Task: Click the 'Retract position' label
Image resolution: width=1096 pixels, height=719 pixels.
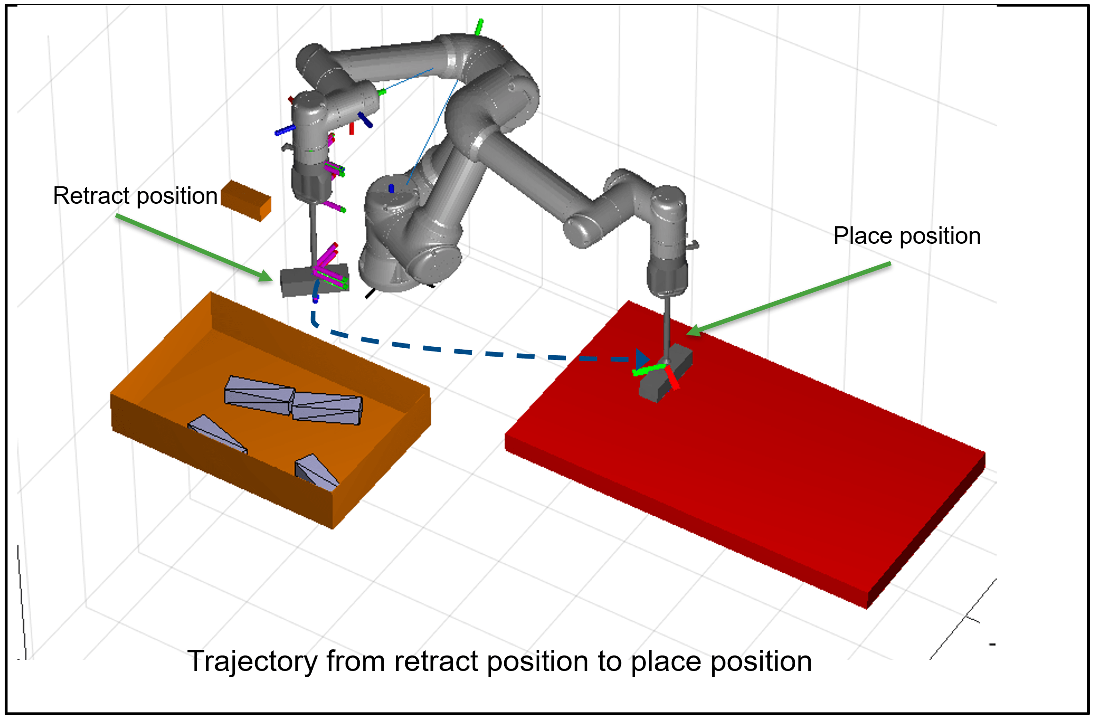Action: click(135, 196)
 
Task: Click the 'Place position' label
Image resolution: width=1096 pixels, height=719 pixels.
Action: click(907, 236)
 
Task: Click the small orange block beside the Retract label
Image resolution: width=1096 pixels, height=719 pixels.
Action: click(246, 200)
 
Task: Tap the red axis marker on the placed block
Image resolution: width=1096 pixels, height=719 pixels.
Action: click(672, 377)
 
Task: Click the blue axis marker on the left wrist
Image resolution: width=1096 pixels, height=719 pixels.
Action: click(285, 130)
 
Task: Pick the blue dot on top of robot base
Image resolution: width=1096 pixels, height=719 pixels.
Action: click(391, 188)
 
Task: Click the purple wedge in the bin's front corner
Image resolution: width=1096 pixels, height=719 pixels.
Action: click(316, 472)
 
